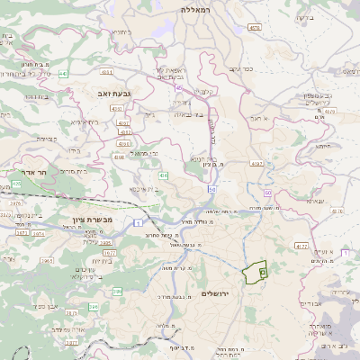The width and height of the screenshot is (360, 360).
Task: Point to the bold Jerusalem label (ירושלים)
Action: (x=217, y=293)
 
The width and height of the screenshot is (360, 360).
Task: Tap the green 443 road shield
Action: (x=64, y=74)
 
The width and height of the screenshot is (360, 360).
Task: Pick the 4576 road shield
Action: (x=255, y=28)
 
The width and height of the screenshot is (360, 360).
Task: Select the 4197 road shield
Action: (x=257, y=164)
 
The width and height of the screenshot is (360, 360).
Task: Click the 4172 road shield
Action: (x=301, y=246)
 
